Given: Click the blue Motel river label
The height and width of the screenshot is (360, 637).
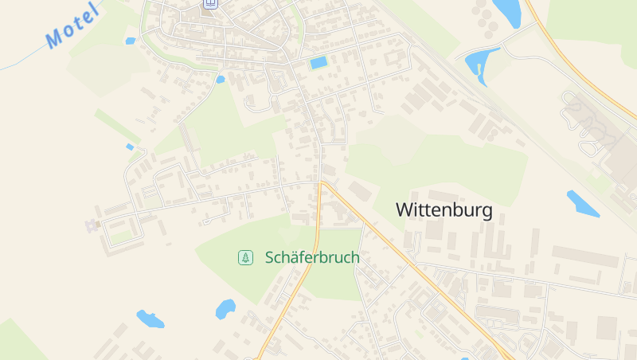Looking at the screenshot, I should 72,25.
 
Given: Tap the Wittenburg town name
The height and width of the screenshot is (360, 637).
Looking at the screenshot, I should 444,210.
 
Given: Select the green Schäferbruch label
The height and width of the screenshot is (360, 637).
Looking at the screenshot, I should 312,257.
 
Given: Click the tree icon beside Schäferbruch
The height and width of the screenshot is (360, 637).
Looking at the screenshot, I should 246,257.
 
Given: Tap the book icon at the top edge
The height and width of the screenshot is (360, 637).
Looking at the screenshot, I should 210,3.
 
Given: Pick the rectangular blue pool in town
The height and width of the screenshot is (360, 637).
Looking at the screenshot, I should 318,63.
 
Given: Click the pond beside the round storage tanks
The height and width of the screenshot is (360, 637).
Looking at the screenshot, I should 506,11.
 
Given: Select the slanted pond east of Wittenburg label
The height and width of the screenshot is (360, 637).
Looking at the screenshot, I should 582,203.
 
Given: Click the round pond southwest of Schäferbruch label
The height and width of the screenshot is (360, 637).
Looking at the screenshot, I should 225,308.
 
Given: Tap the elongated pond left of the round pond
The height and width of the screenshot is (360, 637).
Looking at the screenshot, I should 150,319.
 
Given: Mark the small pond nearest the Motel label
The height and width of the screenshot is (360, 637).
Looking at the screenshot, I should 130,41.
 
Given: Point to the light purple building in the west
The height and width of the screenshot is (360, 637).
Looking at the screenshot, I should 92,225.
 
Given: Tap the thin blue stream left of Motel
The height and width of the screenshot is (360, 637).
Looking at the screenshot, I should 20,60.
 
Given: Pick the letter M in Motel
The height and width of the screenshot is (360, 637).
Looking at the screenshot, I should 55,37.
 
